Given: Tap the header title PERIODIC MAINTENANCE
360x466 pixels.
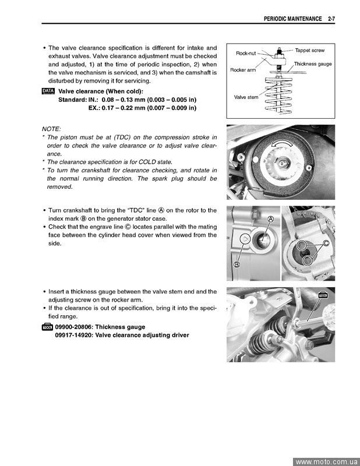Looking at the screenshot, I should pos(292,19).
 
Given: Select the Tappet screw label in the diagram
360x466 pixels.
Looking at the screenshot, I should pos(309,51).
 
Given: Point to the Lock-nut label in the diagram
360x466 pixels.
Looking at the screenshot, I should pos(246,53).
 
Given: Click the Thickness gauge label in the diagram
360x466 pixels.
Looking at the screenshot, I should pos(313,64).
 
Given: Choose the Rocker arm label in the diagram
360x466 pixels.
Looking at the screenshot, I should pos(243,70).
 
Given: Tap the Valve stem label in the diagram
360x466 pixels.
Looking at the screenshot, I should pos(246,97).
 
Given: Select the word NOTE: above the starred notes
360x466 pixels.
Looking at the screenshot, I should pos(51,129).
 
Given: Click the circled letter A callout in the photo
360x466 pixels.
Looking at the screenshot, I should pos(271,219).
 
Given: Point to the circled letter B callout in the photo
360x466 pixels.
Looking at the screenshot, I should pos(237,265).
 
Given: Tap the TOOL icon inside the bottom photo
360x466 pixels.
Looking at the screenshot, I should pos(323,295).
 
